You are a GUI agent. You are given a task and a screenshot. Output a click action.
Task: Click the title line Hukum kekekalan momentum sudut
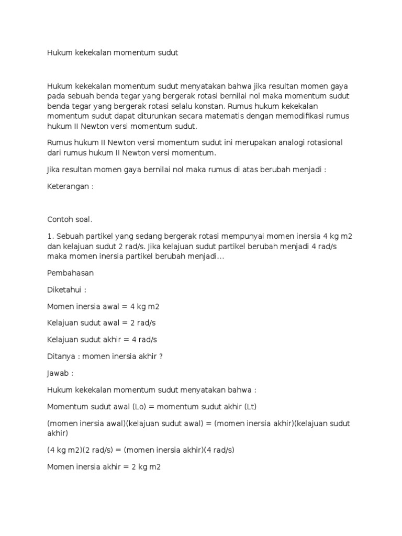(x=113, y=53)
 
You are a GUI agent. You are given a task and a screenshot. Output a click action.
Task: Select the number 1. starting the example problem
(x=50, y=237)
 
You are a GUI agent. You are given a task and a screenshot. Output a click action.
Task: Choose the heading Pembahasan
(x=70, y=273)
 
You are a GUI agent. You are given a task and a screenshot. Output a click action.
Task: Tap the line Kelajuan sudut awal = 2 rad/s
(x=102, y=323)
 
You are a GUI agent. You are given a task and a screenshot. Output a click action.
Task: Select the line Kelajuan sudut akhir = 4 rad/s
(x=102, y=340)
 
